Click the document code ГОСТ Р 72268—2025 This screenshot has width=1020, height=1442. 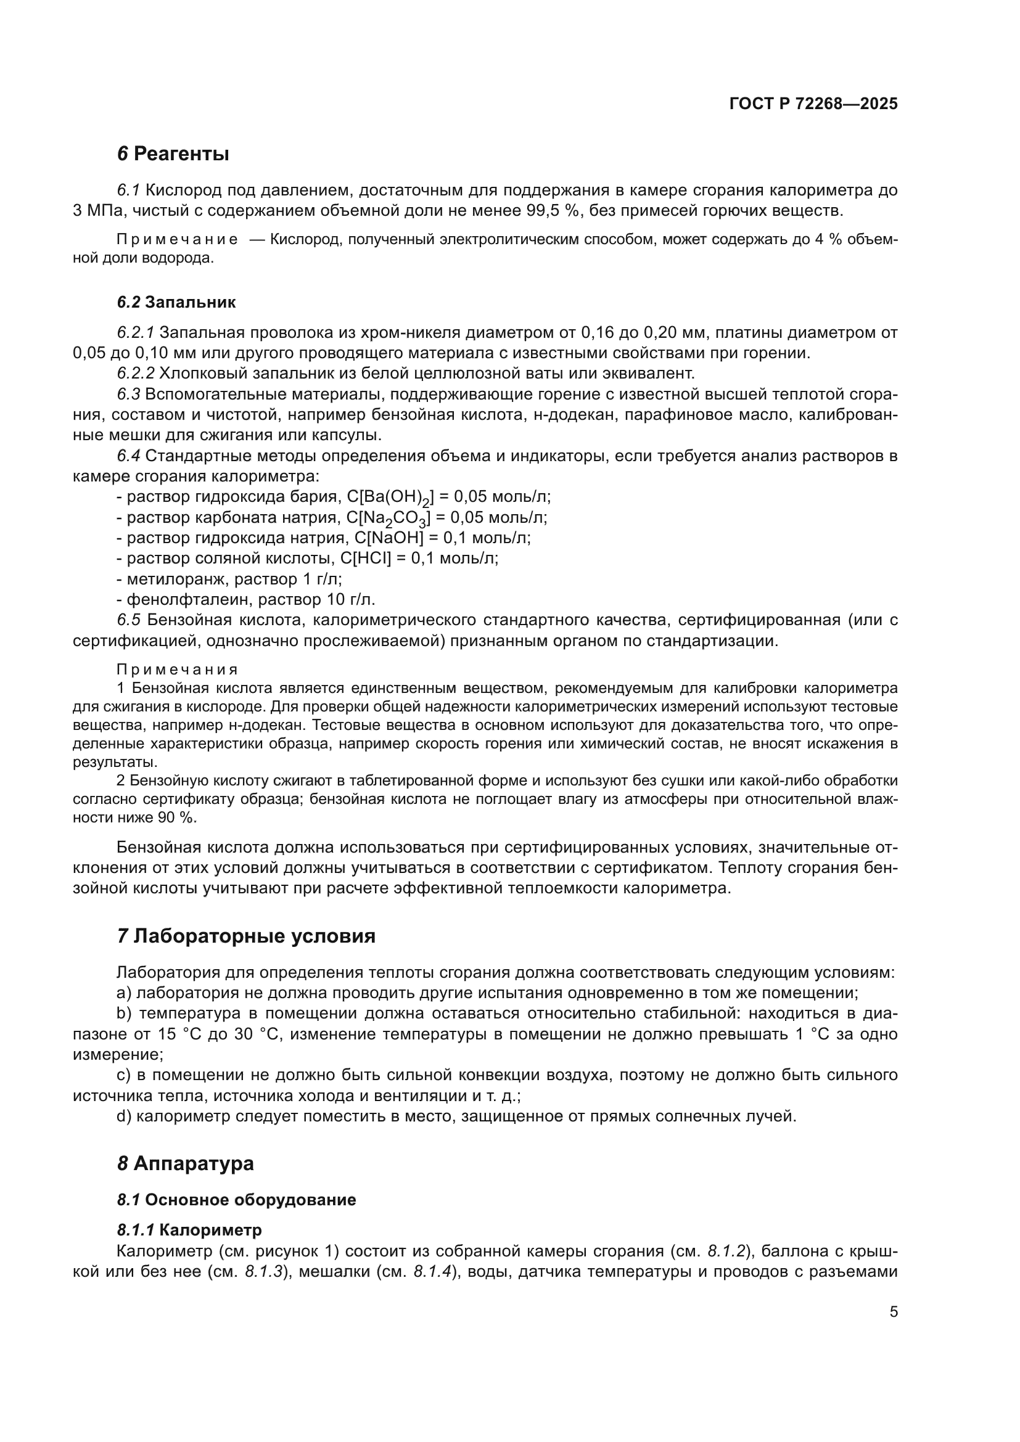[x=813, y=104]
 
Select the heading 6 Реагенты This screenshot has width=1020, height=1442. [x=173, y=154]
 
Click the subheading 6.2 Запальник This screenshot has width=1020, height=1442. [x=176, y=302]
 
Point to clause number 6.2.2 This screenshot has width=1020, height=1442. [x=136, y=374]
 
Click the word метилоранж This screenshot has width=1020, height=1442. [x=169, y=578]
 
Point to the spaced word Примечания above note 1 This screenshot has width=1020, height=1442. [x=178, y=670]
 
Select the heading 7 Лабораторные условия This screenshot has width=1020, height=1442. [x=246, y=936]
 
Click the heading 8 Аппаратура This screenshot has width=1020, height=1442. [x=185, y=1163]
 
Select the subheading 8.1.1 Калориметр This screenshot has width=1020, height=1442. [x=189, y=1230]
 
